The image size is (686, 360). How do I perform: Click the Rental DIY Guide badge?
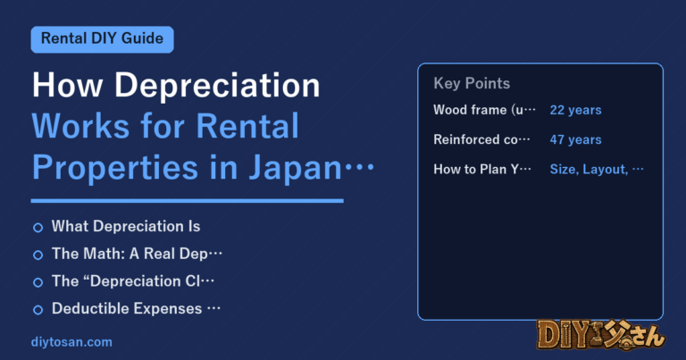(x=103, y=39)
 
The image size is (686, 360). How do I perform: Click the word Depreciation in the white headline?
(x=217, y=86)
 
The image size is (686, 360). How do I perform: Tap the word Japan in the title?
(x=296, y=169)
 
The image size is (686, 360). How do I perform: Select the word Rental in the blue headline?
(x=247, y=127)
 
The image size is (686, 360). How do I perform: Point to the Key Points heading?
(x=472, y=84)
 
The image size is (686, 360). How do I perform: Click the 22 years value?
(x=575, y=110)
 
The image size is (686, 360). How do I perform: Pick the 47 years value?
(x=575, y=139)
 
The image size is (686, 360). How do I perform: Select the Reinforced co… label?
(x=481, y=139)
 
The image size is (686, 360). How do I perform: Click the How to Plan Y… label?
(x=482, y=170)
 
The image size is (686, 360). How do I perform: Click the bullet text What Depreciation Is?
(x=126, y=227)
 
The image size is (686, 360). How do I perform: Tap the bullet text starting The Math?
(x=137, y=254)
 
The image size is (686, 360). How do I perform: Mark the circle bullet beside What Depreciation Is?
(x=38, y=228)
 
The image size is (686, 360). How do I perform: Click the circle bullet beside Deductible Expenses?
(x=38, y=310)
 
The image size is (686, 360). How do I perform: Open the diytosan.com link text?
(x=71, y=342)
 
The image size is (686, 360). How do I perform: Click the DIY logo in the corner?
(x=600, y=336)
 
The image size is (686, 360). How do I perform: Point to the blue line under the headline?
(x=188, y=201)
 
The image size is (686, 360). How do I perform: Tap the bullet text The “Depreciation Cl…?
(x=133, y=281)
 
